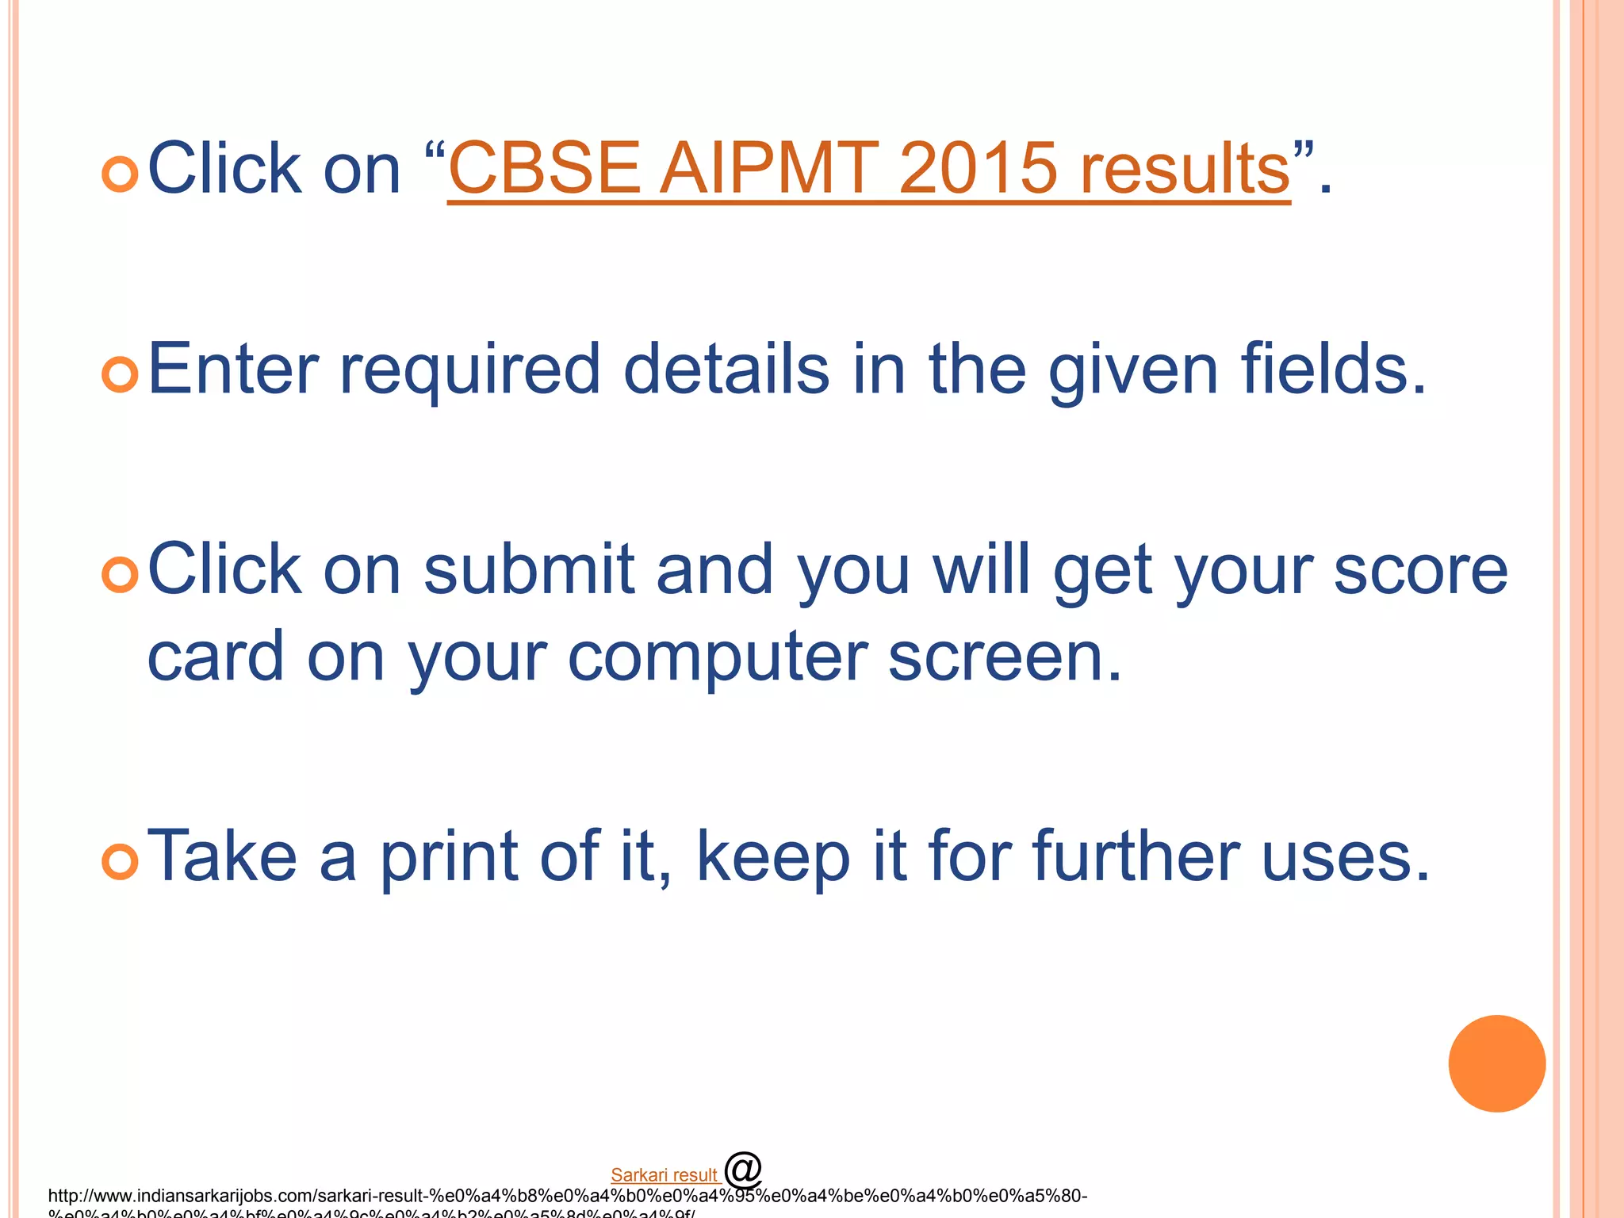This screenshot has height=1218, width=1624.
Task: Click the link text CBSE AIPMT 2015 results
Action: pos(868,169)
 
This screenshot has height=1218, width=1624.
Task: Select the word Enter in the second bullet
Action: pos(233,370)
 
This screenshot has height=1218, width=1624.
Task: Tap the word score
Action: pos(1420,571)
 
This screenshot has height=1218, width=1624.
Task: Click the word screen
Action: pos(1004,658)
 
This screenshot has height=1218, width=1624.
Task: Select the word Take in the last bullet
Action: pos(222,856)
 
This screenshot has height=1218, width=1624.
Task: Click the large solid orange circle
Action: pos(1496,1063)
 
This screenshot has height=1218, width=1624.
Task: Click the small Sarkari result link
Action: pos(665,1175)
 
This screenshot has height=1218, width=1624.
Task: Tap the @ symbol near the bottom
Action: pos(743,1169)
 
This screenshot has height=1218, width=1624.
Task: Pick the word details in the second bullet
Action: pos(726,370)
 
